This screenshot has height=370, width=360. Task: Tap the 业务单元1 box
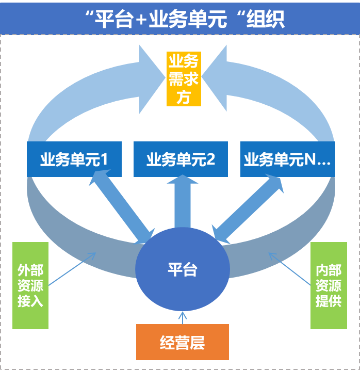pyautogui.click(x=74, y=159)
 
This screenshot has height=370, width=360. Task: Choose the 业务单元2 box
pyautogui.click(x=181, y=159)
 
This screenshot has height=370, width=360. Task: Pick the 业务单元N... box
pyautogui.click(x=287, y=159)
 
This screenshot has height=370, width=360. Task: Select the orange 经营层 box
pyautogui.click(x=182, y=342)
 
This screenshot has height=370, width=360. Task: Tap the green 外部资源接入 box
pyautogui.click(x=30, y=285)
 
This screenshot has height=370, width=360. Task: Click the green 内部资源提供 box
pyautogui.click(x=329, y=285)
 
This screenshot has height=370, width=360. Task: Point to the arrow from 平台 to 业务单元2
pyautogui.click(x=182, y=201)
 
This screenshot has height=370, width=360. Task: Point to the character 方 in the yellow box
pyautogui.click(x=183, y=97)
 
